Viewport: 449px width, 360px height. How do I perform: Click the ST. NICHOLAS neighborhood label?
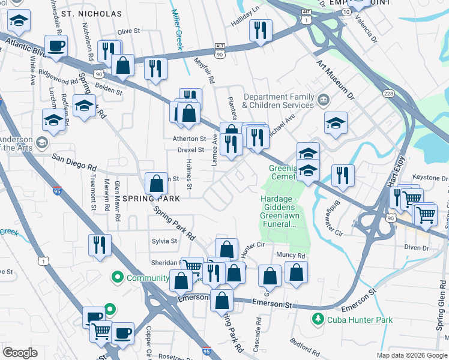[x=91, y=13]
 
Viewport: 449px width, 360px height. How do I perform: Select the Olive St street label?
[x=128, y=31]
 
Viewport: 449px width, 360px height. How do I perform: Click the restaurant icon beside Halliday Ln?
[x=261, y=31]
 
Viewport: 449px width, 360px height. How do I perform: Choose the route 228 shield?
[x=389, y=94]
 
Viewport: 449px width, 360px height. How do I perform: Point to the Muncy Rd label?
[x=292, y=256]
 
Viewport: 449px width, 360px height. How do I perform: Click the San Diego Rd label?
[x=74, y=162]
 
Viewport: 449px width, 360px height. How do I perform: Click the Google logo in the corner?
[x=20, y=353]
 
